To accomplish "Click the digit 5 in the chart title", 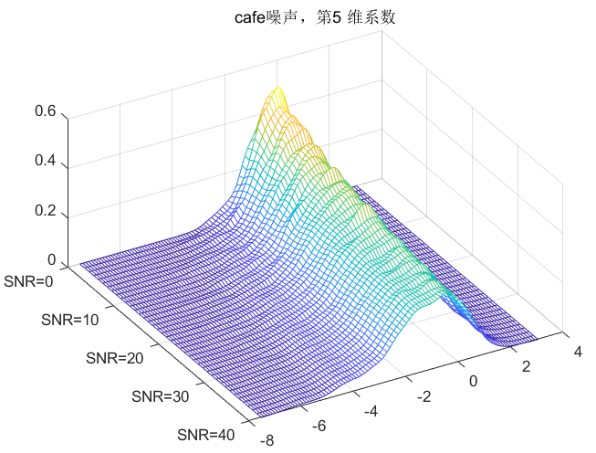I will click(323, 16).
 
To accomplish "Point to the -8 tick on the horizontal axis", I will click(267, 439).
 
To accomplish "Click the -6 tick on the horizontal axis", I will click(319, 426).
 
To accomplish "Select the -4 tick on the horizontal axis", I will click(370, 411).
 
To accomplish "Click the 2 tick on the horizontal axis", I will click(525, 365).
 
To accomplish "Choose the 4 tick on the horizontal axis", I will click(576, 350).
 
